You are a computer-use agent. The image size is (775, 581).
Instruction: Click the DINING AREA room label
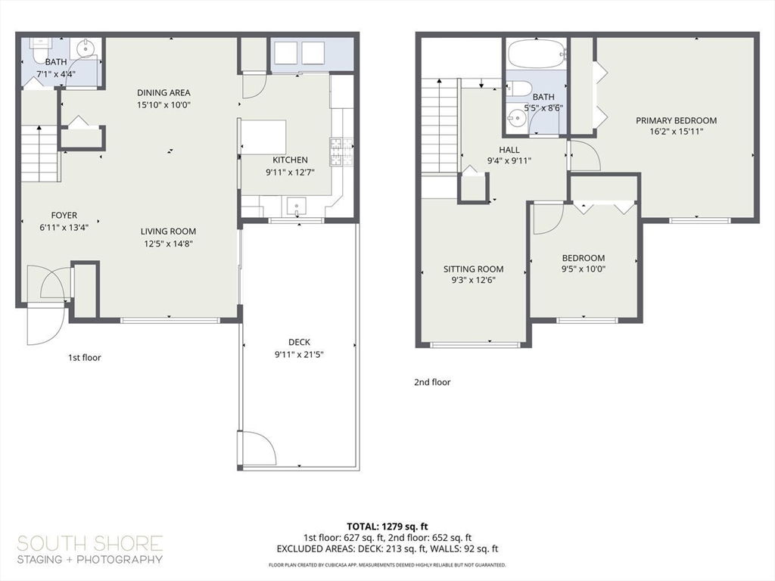163,92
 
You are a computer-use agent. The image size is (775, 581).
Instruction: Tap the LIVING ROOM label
168,231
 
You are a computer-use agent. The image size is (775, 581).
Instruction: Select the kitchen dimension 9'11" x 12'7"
290,172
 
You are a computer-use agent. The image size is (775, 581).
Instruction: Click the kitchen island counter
263,137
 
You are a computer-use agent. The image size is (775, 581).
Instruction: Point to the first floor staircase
39,154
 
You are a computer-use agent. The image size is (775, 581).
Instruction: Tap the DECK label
299,342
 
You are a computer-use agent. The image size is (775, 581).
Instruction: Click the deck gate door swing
258,449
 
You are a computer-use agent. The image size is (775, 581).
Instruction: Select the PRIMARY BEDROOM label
676,120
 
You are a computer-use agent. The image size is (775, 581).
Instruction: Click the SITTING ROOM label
473,269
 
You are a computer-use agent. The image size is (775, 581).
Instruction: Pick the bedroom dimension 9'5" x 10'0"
583,269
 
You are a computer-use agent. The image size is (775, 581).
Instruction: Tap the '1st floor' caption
84,357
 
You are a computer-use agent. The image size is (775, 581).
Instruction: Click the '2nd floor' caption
432,382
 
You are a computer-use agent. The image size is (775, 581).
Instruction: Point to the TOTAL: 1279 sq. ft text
387,526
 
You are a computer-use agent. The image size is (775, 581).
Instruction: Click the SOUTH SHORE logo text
89,543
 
